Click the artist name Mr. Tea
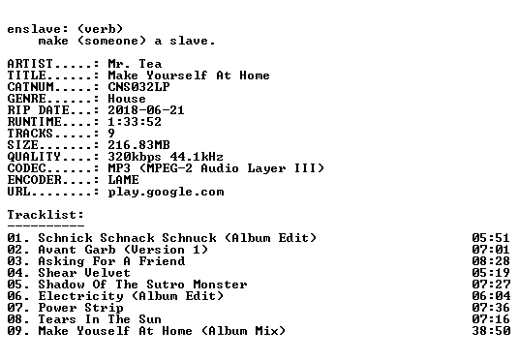pos(135,64)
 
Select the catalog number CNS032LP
pos(138,87)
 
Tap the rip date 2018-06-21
pos(146,110)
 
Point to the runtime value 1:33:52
pos(135,122)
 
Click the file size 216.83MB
pos(138,145)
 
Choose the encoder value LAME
pos(124,180)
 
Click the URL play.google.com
pos(166,192)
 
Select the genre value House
pos(127,99)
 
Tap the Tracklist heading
pos(46,215)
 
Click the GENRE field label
pos(27,99)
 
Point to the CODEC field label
pos(27,168)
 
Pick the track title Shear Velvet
pos(84,273)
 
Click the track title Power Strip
pos(80,308)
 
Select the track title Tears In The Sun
pos(100,319)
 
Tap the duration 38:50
pos(491,331)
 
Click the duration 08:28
pos(491,261)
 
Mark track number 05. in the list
pos(18,285)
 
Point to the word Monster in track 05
pos(220,285)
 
